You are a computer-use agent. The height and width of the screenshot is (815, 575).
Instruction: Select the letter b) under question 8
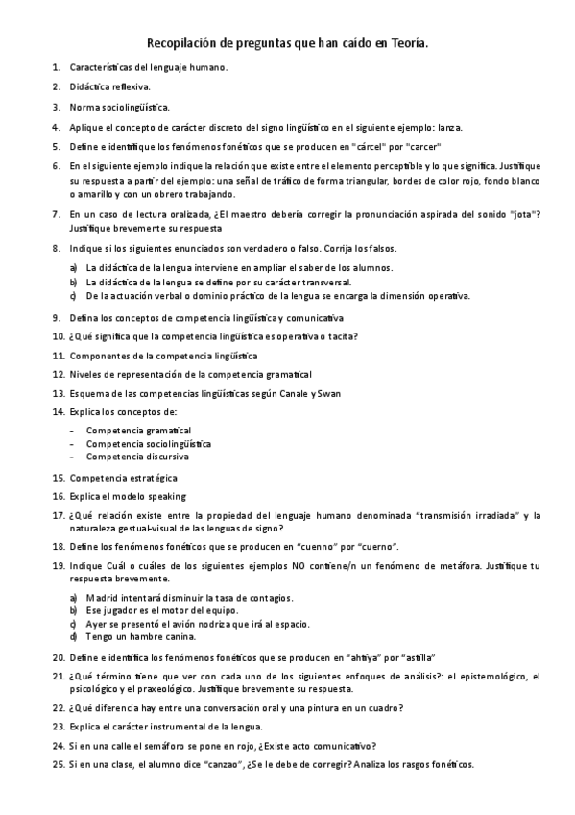[73, 283]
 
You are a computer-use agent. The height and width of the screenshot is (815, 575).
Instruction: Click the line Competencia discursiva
[137, 457]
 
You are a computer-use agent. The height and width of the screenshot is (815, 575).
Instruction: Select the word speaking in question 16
[166, 496]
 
